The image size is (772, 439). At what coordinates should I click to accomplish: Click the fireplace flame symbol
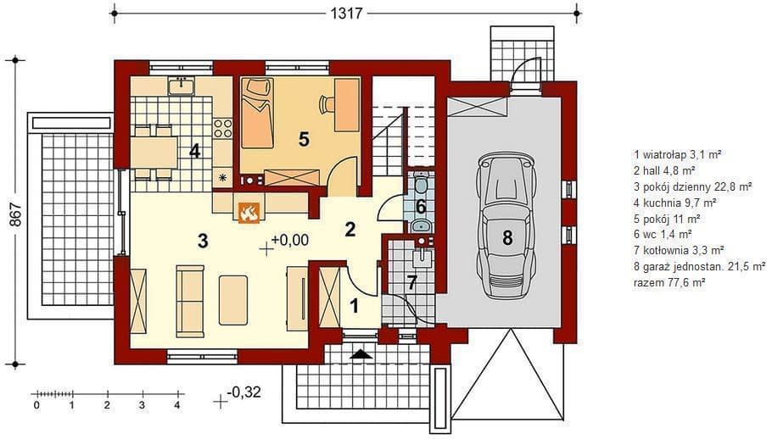249,213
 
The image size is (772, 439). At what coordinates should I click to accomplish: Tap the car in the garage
506,225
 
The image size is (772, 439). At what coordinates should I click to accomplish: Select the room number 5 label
304,139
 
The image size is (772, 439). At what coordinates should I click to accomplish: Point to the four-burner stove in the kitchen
222,128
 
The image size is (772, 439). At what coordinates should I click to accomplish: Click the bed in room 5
256,112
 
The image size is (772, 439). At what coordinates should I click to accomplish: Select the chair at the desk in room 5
325,103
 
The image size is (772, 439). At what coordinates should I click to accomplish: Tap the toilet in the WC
421,183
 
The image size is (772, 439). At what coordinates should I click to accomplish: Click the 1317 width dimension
346,13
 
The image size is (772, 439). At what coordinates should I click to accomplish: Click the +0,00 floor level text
290,240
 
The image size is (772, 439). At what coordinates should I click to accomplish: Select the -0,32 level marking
243,392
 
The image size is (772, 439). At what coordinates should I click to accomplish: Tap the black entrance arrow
362,353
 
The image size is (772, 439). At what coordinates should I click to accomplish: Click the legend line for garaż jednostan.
700,266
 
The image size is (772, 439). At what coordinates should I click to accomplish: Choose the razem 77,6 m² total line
669,282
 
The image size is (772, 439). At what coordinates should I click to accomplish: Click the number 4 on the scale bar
177,406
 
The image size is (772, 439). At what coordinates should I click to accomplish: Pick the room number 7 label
411,282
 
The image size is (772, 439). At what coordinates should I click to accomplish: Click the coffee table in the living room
233,300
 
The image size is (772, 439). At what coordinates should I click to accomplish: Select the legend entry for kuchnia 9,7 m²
675,202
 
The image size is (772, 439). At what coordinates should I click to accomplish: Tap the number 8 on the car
507,238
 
